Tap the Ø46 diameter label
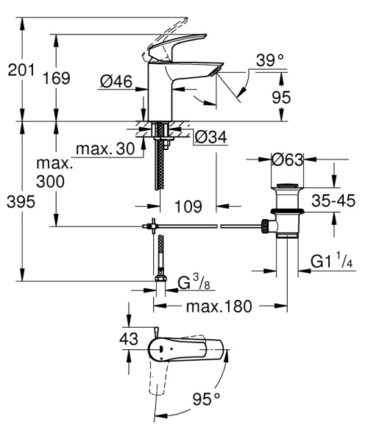(117, 83)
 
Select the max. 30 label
(105, 150)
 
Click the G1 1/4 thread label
(333, 261)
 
